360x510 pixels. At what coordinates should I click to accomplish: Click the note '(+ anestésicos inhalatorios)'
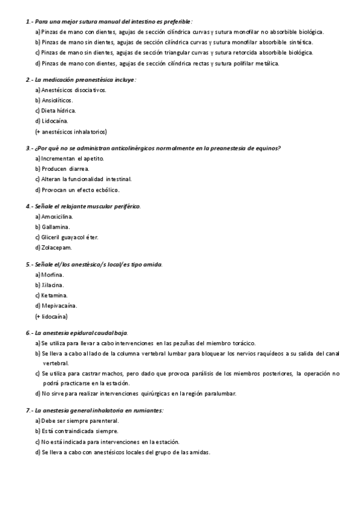(x=71, y=132)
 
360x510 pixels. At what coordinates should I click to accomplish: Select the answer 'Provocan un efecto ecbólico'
(x=76, y=189)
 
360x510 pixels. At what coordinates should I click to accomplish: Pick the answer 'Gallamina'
(x=56, y=227)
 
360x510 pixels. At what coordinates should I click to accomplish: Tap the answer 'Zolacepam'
(x=56, y=247)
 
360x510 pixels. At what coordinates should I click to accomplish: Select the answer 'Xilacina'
(x=53, y=285)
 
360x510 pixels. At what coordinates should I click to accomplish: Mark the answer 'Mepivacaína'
(x=59, y=306)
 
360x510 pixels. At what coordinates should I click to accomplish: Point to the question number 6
(x=28, y=333)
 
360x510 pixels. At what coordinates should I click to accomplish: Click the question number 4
(x=28, y=206)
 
